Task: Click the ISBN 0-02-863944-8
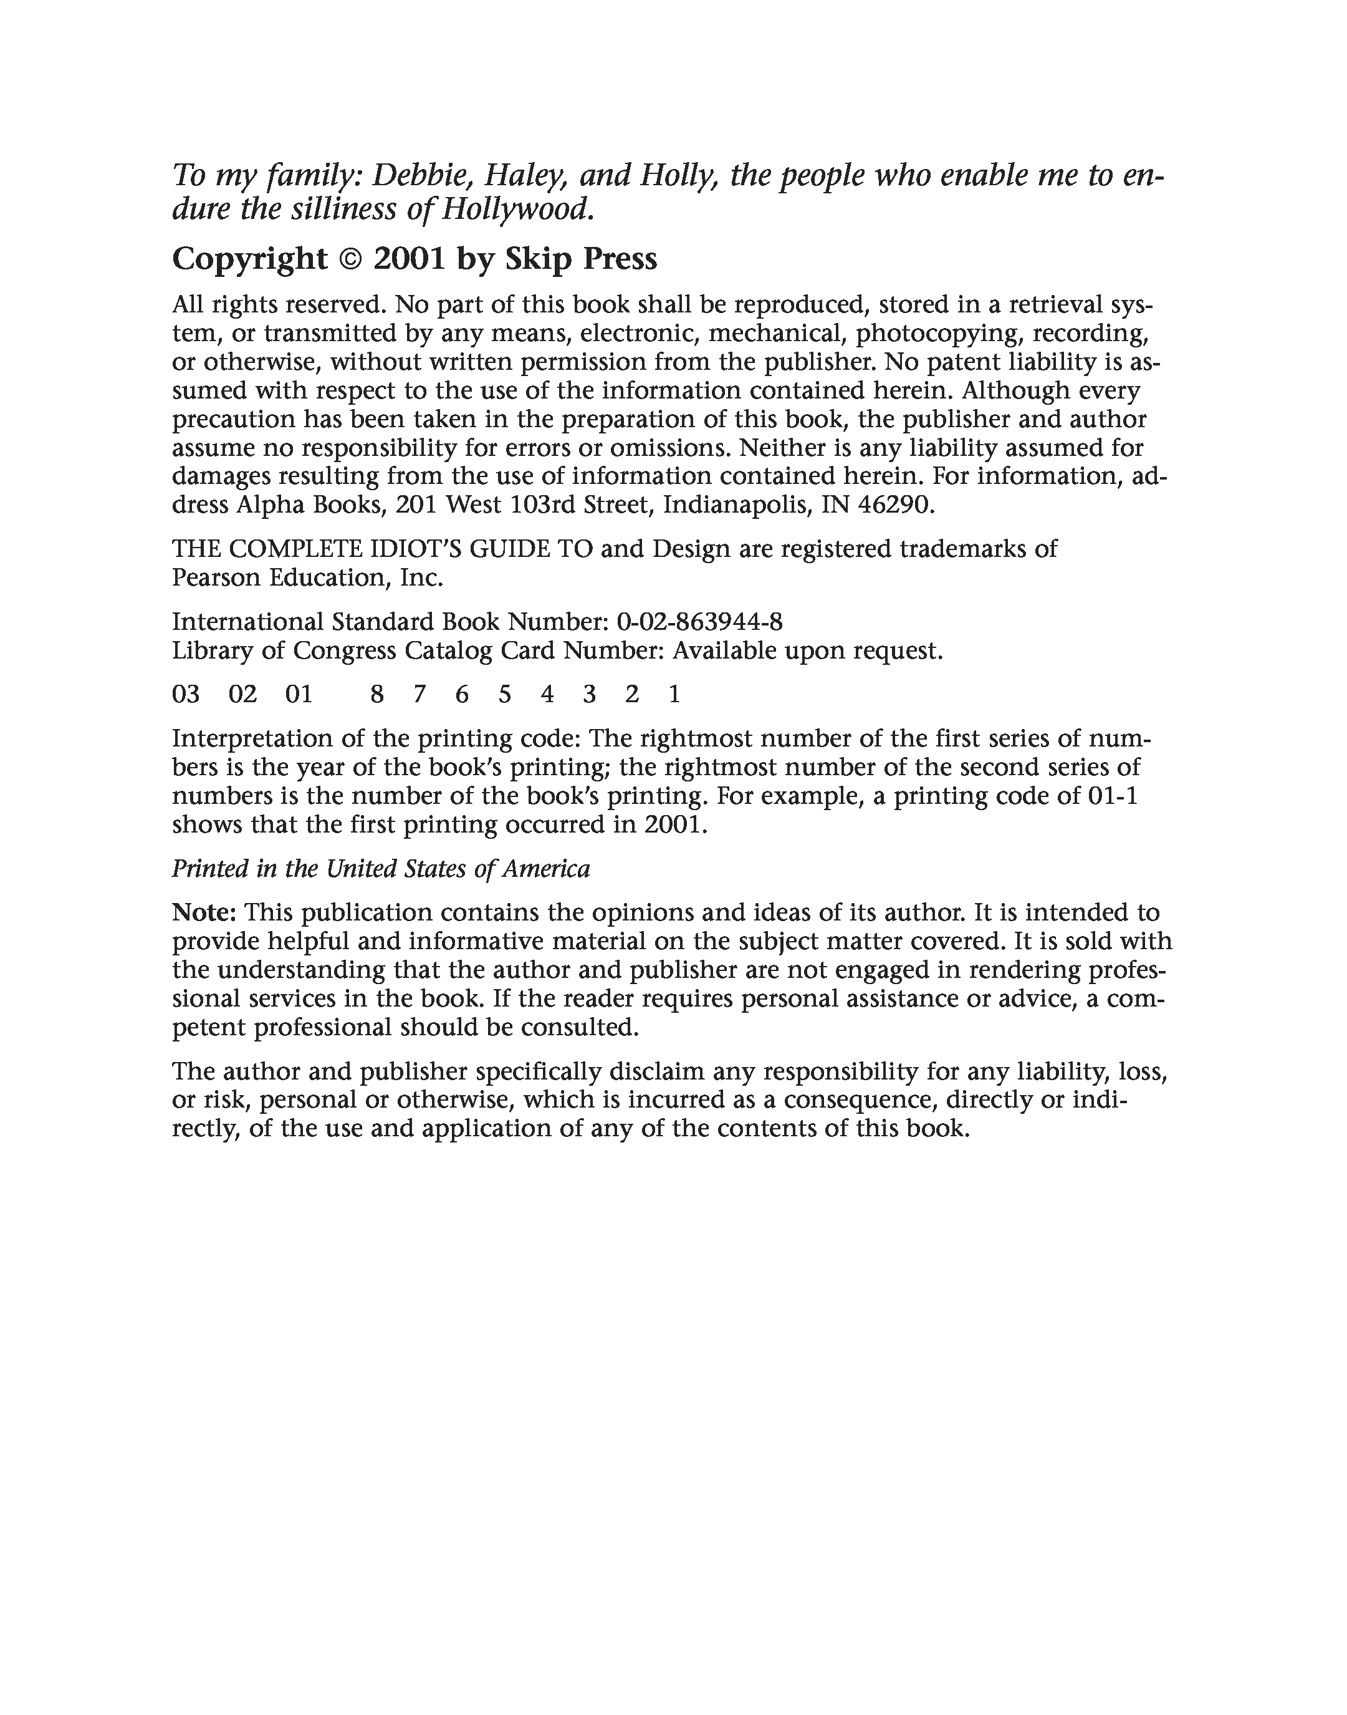tap(699, 622)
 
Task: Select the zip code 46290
tap(894, 505)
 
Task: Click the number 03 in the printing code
tap(186, 695)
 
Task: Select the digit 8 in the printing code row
tap(377, 695)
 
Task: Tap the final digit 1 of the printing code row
tap(674, 695)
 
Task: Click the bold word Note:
tap(204, 914)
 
